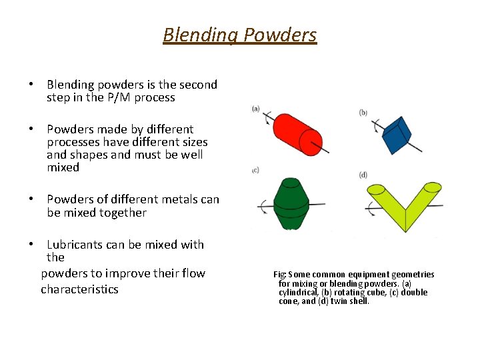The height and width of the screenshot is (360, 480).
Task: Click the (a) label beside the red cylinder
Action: click(x=256, y=109)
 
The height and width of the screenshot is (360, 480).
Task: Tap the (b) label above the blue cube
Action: click(x=363, y=113)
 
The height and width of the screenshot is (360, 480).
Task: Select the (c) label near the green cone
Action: click(x=255, y=171)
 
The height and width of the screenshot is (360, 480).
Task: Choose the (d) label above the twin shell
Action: click(x=363, y=175)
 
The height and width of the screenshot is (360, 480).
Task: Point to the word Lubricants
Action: click(x=75, y=245)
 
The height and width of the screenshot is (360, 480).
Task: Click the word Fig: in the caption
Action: click(x=280, y=275)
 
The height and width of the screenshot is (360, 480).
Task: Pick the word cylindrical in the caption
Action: click(x=300, y=292)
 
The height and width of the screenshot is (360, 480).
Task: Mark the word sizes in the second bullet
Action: click(x=194, y=142)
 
